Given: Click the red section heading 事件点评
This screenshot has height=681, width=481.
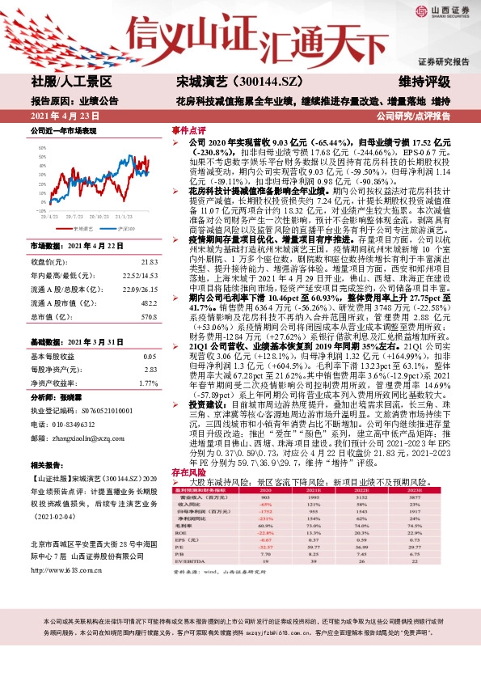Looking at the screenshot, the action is coord(189,129).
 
